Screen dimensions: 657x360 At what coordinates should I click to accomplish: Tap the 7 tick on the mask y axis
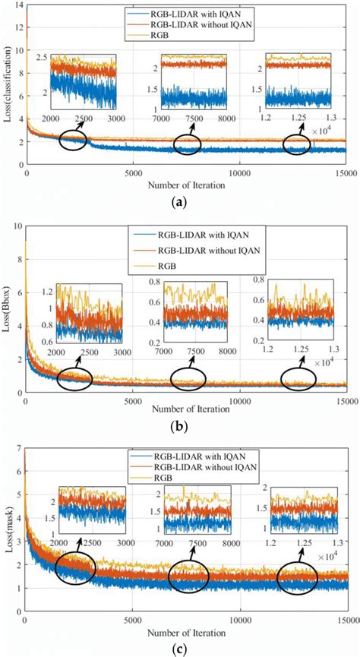tap(19, 451)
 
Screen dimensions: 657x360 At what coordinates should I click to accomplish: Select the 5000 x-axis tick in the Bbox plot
tap(133, 400)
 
